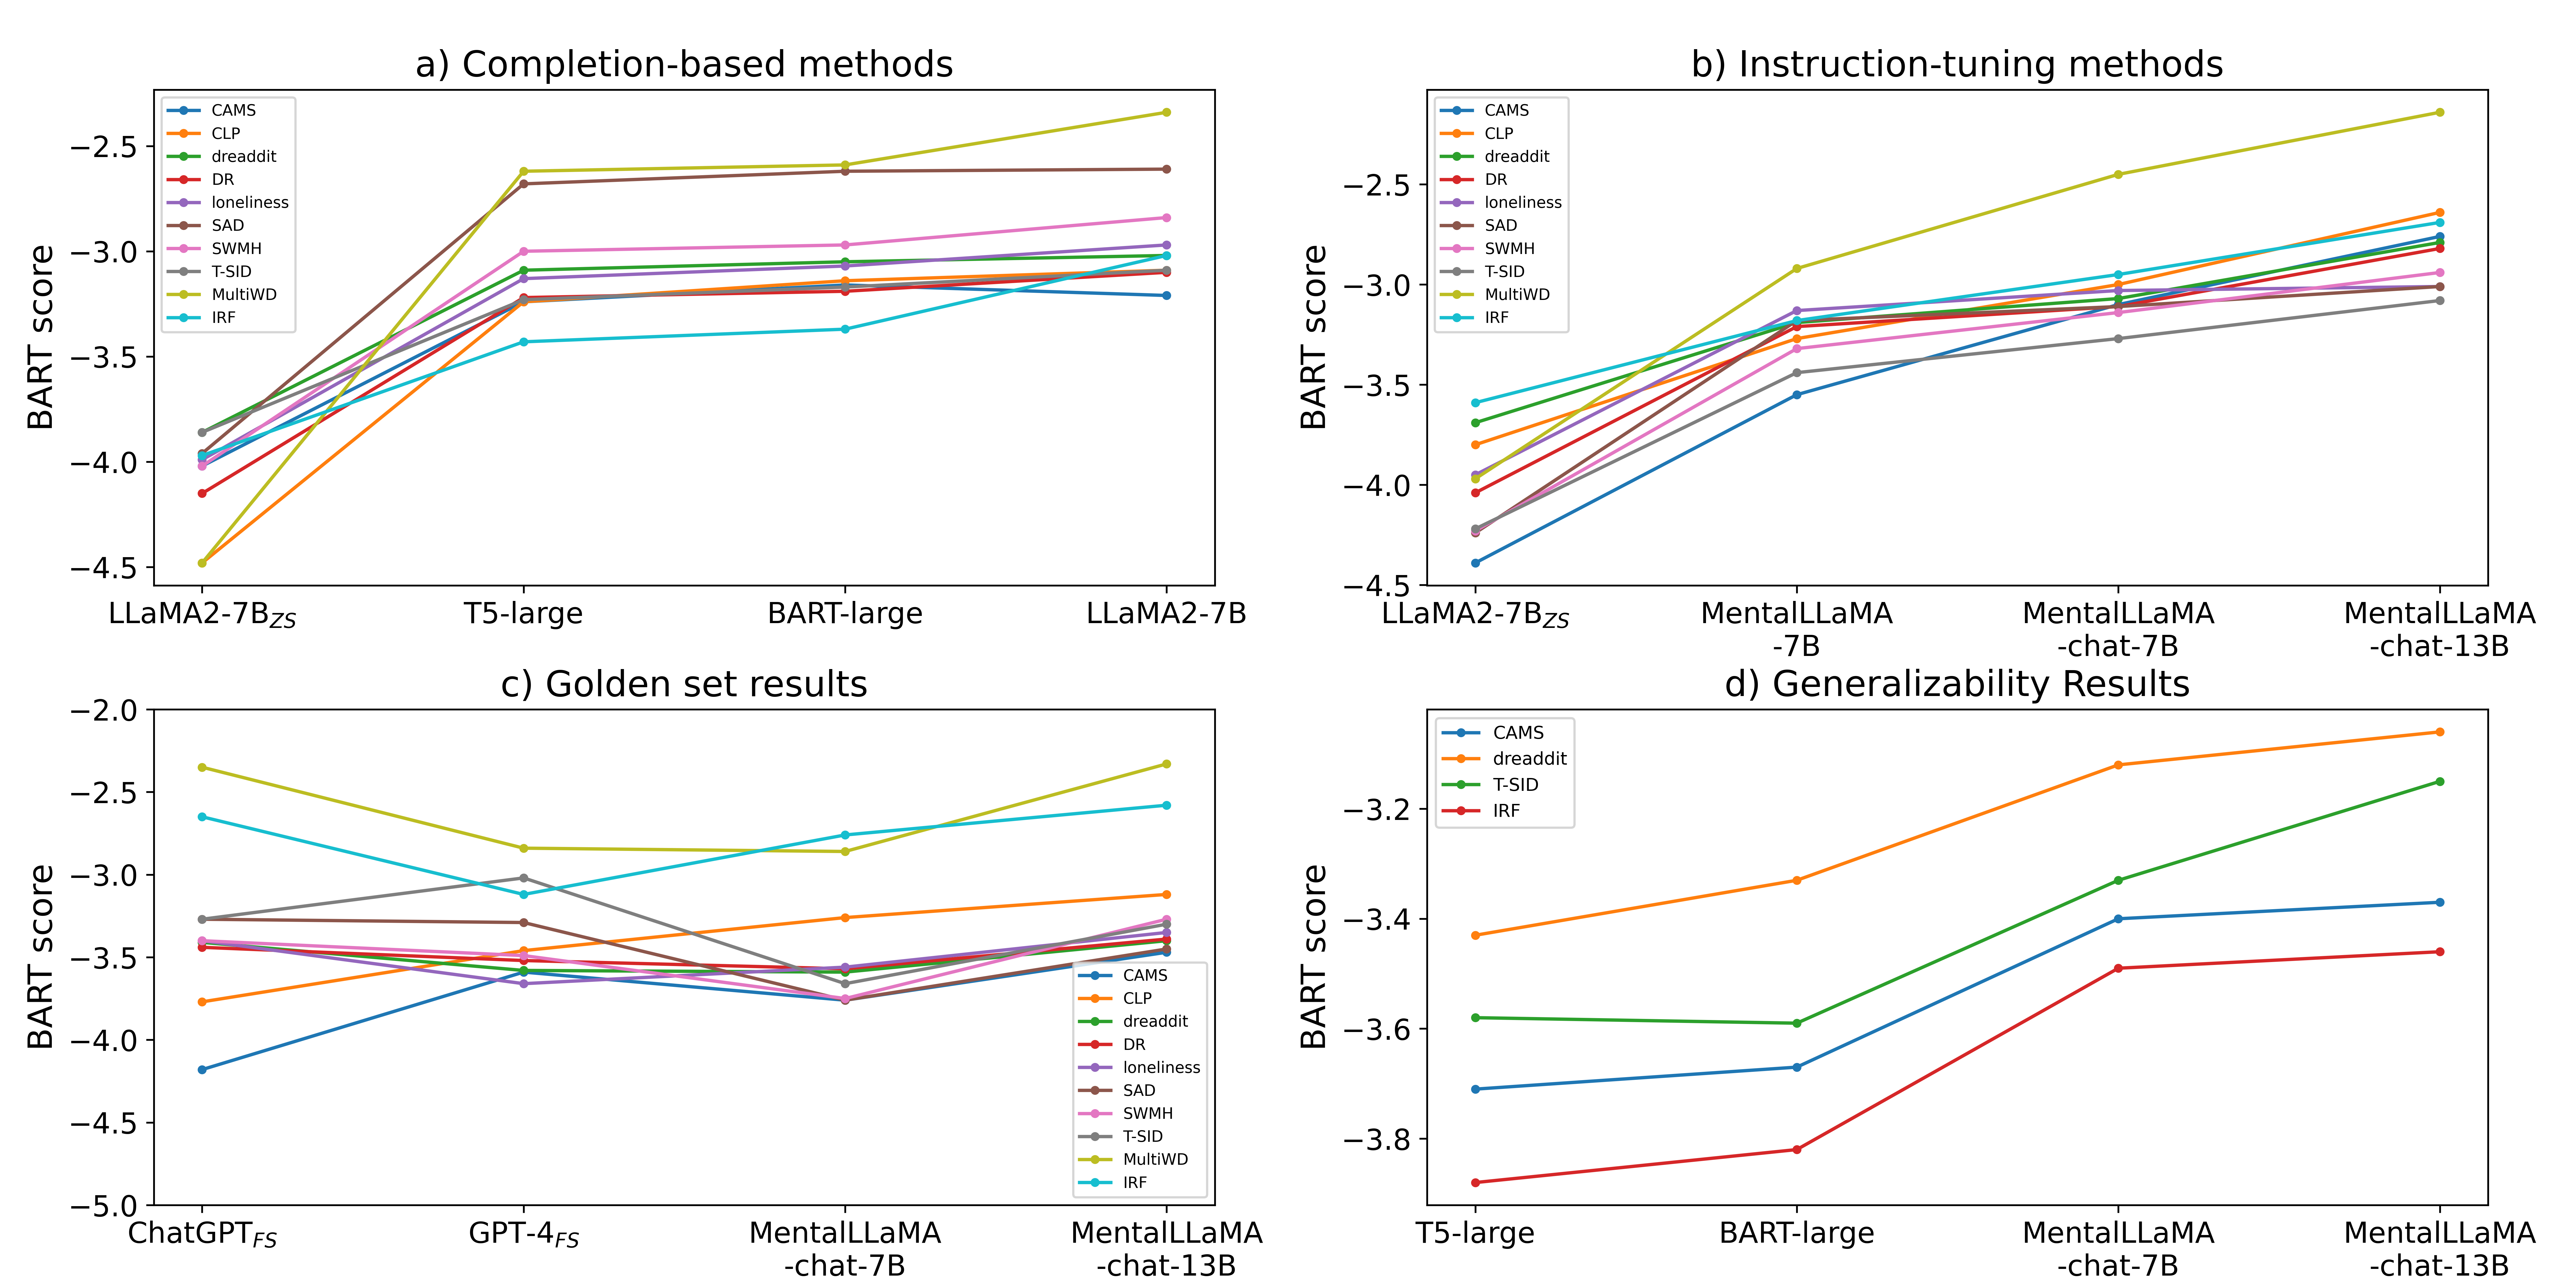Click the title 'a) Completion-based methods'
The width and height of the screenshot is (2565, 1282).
[x=684, y=65]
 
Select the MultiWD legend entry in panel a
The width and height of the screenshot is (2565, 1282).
[x=243, y=295]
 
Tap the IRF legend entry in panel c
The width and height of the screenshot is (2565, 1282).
[x=1134, y=1182]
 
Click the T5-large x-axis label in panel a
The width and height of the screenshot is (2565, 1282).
[x=524, y=613]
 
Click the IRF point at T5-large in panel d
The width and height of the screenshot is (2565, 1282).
[x=1476, y=1182]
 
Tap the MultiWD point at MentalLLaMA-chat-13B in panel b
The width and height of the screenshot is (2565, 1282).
[x=2439, y=112]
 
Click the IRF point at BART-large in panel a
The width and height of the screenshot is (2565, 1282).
[x=845, y=330]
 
